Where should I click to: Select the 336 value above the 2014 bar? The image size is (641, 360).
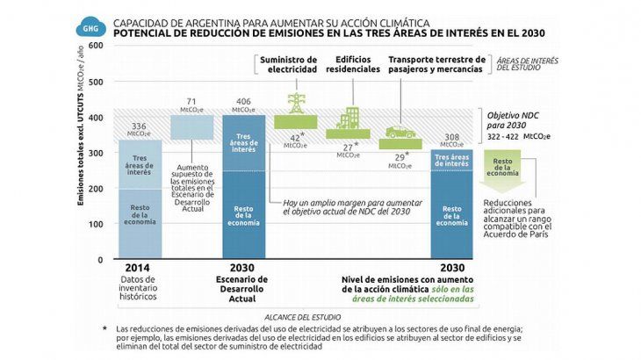(x=139, y=126)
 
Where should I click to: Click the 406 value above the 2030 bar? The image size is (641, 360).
(x=243, y=102)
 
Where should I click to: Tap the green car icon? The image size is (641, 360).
(x=400, y=132)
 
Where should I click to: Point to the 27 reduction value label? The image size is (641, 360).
(x=349, y=148)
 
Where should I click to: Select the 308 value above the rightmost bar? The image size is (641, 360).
(x=451, y=138)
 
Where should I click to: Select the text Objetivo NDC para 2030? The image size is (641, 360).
(x=515, y=119)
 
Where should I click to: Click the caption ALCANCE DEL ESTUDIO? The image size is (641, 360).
(x=298, y=314)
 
